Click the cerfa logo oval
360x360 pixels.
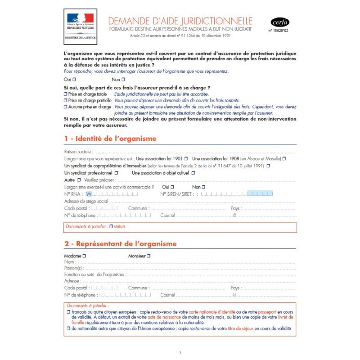[280, 22]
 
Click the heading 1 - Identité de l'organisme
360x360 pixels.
[110, 139]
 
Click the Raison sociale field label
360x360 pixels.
[79, 152]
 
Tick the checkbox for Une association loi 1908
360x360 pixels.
[284, 159]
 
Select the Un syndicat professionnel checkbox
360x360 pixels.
[116, 173]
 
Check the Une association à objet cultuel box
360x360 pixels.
[193, 173]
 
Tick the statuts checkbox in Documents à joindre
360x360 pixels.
[111, 227]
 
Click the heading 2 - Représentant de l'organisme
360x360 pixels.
[121, 244]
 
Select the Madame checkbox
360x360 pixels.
[84, 256]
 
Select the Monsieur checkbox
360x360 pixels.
[149, 256]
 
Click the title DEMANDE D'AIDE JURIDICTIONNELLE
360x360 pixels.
[180, 21]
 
